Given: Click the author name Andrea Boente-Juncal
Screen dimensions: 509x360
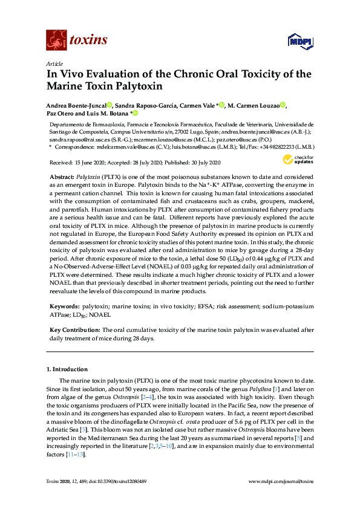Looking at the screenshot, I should (77, 105).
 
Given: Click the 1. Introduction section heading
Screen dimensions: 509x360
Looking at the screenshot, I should (68, 369).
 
